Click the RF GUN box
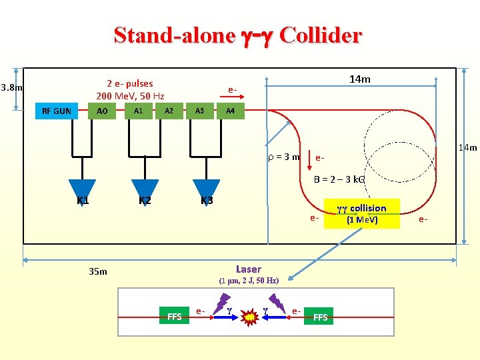point(57,111)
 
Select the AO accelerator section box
point(102,111)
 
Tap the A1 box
point(138,111)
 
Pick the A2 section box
point(169,111)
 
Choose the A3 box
point(199,111)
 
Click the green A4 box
point(230,111)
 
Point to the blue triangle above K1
point(82,189)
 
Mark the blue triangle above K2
point(145,189)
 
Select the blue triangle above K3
point(206,189)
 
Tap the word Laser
point(249,269)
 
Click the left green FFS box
point(175,317)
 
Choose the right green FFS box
point(321,317)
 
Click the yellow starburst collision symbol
point(249,317)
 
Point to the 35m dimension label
point(98,271)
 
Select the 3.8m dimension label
point(12,87)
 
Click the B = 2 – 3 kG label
point(339,180)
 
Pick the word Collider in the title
point(321,35)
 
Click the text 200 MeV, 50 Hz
point(130,96)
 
